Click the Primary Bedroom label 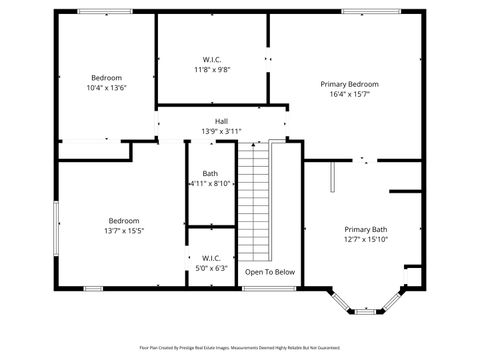(x=349, y=84)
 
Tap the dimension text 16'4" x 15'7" (x=349, y=95)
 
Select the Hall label (x=221, y=121)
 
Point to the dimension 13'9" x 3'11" (x=221, y=131)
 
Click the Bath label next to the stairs (x=210, y=173)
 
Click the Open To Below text (x=270, y=271)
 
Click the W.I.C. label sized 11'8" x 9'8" (x=212, y=59)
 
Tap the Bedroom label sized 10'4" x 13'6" (x=107, y=77)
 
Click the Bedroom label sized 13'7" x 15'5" (x=124, y=220)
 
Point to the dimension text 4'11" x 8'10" (x=210, y=184)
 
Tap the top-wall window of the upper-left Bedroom (x=105, y=12)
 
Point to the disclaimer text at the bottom (x=240, y=348)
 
